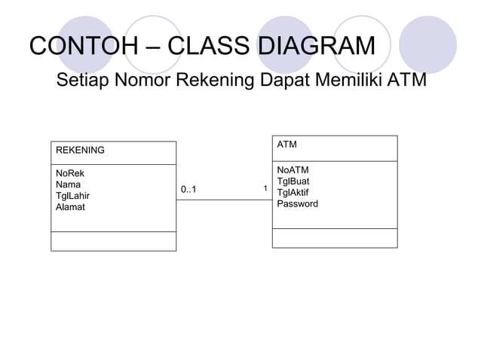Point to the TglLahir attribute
pyautogui.click(x=73, y=195)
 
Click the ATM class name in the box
pyautogui.click(x=286, y=144)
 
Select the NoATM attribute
pyautogui.click(x=293, y=170)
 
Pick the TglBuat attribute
pyautogui.click(x=293, y=182)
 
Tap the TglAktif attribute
pyautogui.click(x=293, y=192)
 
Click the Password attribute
pyautogui.click(x=297, y=203)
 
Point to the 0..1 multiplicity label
pyautogui.click(x=188, y=189)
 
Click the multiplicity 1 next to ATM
pyautogui.click(x=265, y=188)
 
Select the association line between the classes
pyautogui.click(x=223, y=200)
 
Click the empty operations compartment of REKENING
pyautogui.click(x=113, y=241)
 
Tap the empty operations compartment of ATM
pyautogui.click(x=334, y=237)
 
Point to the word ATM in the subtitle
pyautogui.click(x=406, y=80)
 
